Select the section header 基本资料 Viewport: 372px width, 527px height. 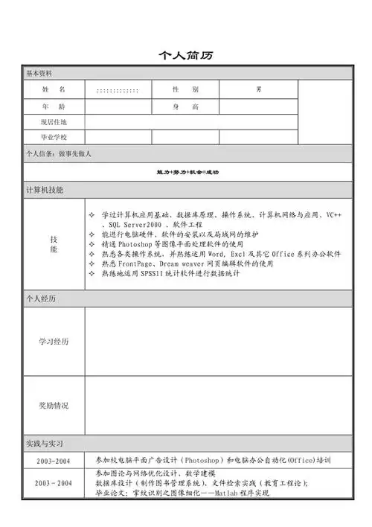click(39, 74)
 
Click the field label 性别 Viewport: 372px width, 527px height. click(185, 89)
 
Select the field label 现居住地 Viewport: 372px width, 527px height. click(54, 121)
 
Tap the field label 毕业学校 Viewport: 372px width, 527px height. click(54, 137)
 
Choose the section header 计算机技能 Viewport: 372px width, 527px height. click(45, 190)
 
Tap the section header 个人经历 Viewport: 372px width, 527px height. click(41, 298)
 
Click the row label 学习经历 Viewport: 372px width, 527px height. click(54, 342)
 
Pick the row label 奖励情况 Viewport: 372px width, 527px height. click(54, 406)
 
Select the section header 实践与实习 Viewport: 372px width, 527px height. click(45, 444)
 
